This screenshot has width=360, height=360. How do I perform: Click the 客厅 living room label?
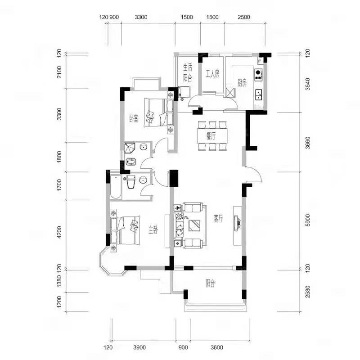pyautogui.click(x=218, y=218)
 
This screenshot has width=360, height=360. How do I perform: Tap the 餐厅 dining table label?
pyautogui.click(x=211, y=136)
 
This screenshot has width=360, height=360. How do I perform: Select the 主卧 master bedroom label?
pyautogui.click(x=153, y=230)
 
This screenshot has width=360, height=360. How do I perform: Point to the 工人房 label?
pyautogui.click(x=212, y=74)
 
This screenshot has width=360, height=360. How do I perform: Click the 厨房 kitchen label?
pyautogui.click(x=242, y=83)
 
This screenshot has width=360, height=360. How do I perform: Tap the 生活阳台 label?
pyautogui.click(x=188, y=73)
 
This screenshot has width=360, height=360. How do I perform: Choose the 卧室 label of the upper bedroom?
pyautogui.click(x=134, y=118)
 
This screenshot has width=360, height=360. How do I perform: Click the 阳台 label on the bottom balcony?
pyautogui.click(x=210, y=284)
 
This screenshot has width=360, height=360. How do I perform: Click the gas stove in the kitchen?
pyautogui.click(x=258, y=75)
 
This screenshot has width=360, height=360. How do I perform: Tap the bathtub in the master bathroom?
pyautogui.click(x=116, y=187)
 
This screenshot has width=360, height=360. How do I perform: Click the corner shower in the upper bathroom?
pyautogui.click(x=130, y=148)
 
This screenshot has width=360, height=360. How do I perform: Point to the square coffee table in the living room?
pyautogui.click(x=194, y=225)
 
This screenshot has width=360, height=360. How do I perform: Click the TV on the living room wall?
pyautogui.click(x=238, y=222)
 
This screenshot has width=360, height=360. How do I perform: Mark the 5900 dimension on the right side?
pyautogui.click(x=308, y=220)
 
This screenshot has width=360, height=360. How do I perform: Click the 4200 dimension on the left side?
pyautogui.click(x=59, y=232)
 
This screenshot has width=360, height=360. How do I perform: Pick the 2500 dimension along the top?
pyautogui.click(x=244, y=17)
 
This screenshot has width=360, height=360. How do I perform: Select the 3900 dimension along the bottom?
pyautogui.click(x=139, y=347)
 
